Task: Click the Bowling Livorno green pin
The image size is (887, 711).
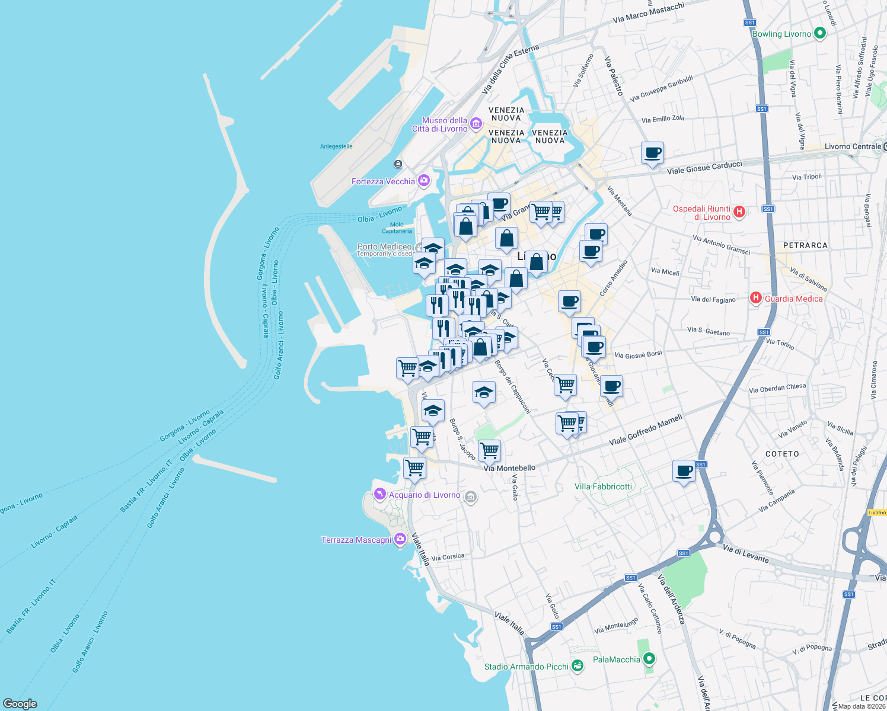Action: point(820,33)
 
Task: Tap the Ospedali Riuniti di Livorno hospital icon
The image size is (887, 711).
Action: point(739,212)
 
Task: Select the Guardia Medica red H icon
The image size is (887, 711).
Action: point(756,298)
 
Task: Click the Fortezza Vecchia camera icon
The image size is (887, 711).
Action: point(423,181)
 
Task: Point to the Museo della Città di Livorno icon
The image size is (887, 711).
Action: point(476,124)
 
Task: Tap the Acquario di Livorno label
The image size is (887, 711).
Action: point(425,495)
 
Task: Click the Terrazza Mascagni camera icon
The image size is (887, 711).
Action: point(400,539)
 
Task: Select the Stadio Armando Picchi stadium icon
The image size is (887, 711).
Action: point(577,666)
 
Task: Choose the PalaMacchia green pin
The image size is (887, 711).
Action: point(649,659)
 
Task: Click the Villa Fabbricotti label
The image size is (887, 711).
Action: point(604,486)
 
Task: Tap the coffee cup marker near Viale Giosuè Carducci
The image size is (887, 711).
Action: point(652,153)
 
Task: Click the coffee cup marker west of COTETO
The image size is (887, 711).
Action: point(684,471)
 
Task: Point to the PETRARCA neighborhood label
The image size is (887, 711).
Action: point(805,245)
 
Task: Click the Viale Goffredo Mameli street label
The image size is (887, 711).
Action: point(646,431)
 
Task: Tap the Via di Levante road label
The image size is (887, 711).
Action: point(745,554)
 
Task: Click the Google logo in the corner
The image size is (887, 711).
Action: point(20,703)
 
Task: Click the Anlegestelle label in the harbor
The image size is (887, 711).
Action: point(336,146)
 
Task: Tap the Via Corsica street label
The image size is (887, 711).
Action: point(448,557)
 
